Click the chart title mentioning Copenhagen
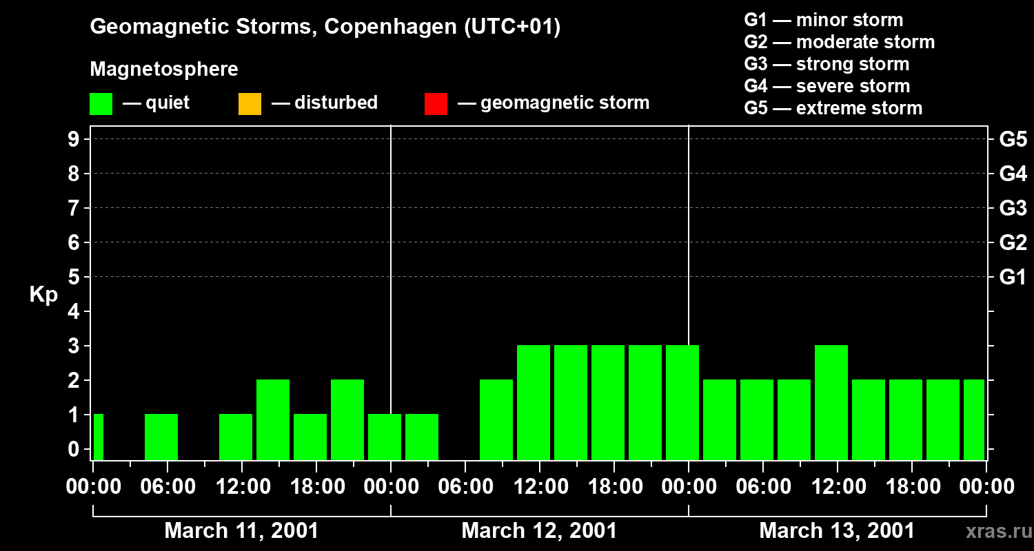[x=325, y=27]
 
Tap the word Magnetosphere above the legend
[x=164, y=69]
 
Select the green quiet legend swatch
[x=101, y=104]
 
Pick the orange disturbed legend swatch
[x=250, y=104]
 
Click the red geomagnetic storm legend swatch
[x=436, y=104]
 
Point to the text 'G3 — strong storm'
[x=827, y=64]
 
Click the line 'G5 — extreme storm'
[x=833, y=108]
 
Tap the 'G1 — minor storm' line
[x=823, y=20]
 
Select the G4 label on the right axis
[x=1013, y=174]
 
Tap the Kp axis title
[x=43, y=295]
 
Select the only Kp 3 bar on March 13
[x=831, y=402]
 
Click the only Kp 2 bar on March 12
[x=496, y=419]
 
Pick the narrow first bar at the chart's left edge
[x=98, y=437]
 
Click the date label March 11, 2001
[x=241, y=531]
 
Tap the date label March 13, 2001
[x=837, y=531]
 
